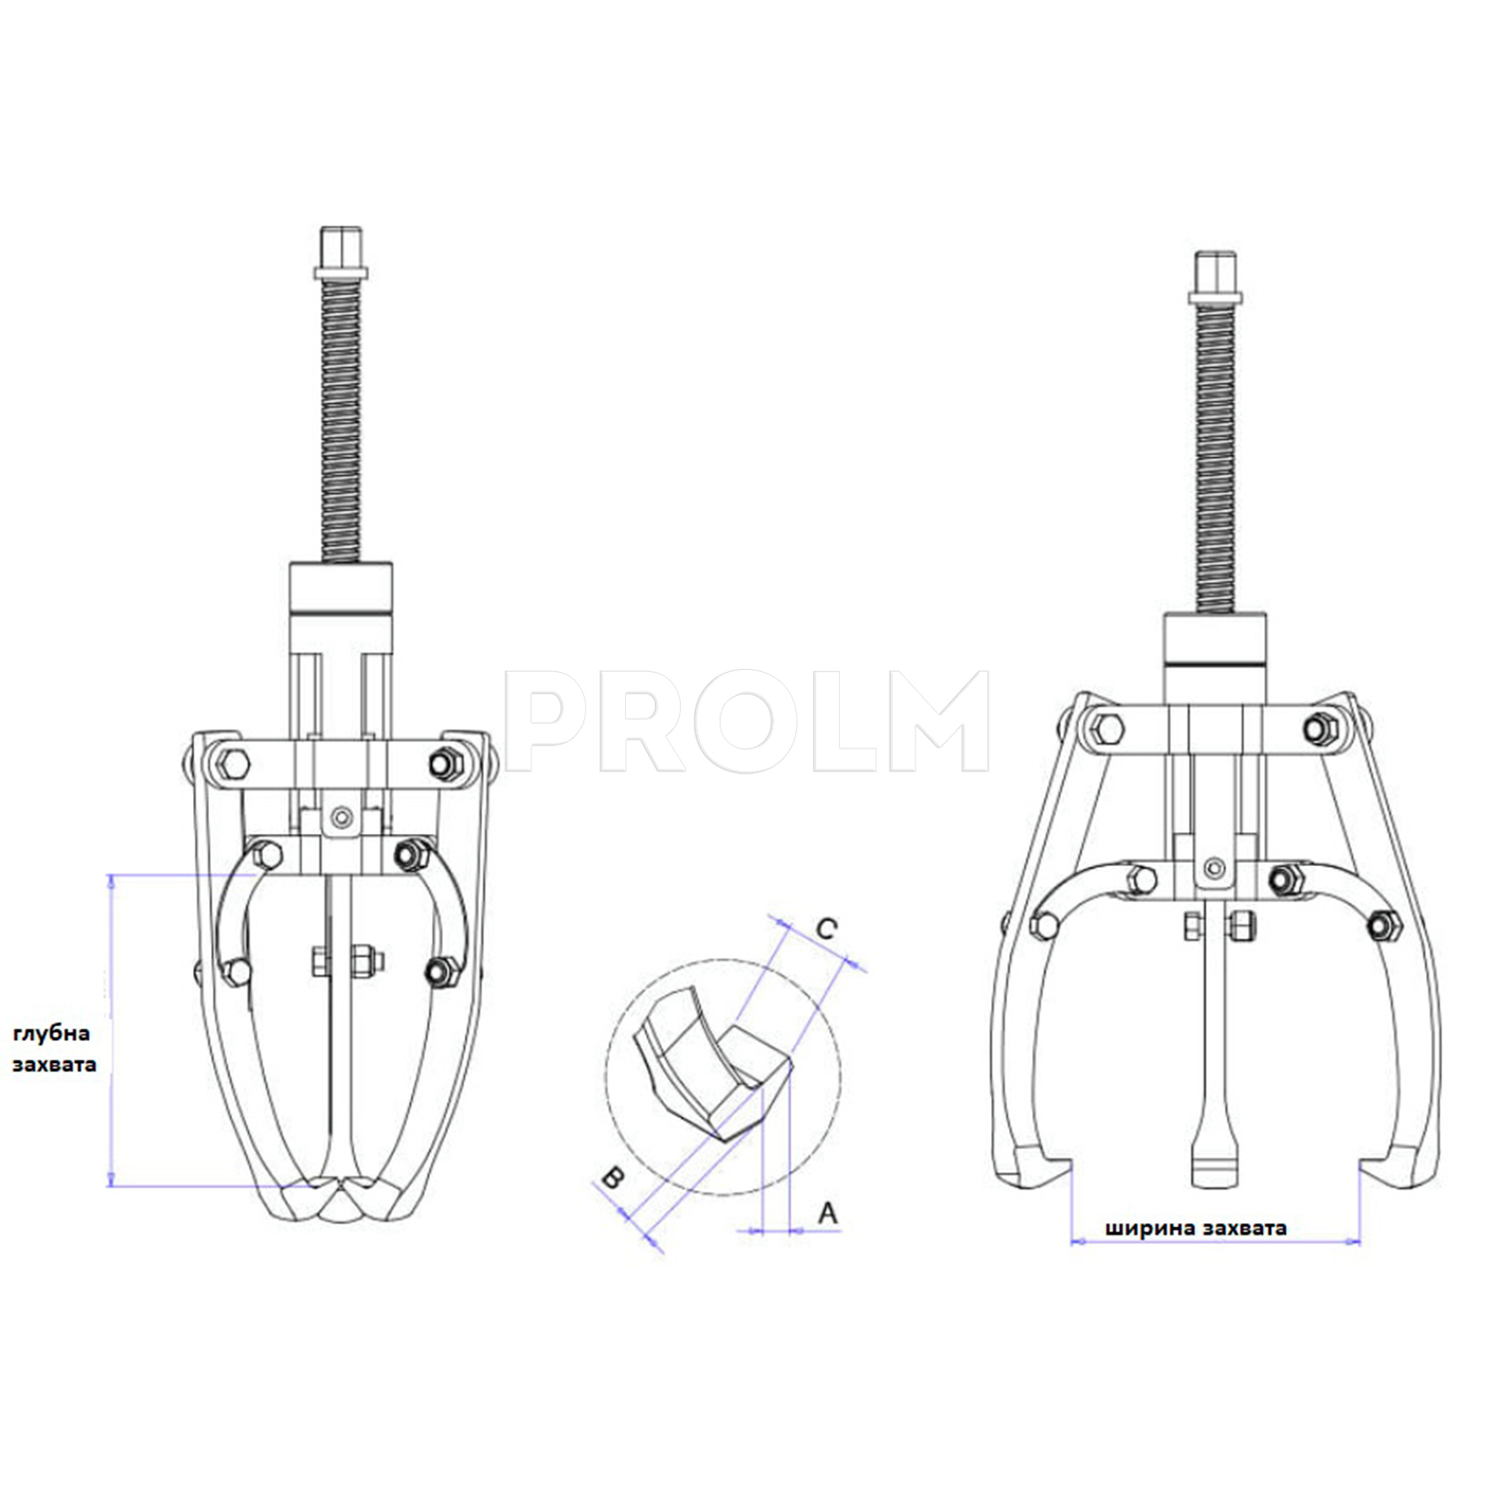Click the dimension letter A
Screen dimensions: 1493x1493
(x=827, y=1213)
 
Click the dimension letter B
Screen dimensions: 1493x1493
(x=612, y=1177)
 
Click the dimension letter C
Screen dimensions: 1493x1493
(x=826, y=929)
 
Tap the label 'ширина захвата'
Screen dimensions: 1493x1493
(x=1195, y=1228)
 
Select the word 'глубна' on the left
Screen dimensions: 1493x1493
(x=51, y=1033)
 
